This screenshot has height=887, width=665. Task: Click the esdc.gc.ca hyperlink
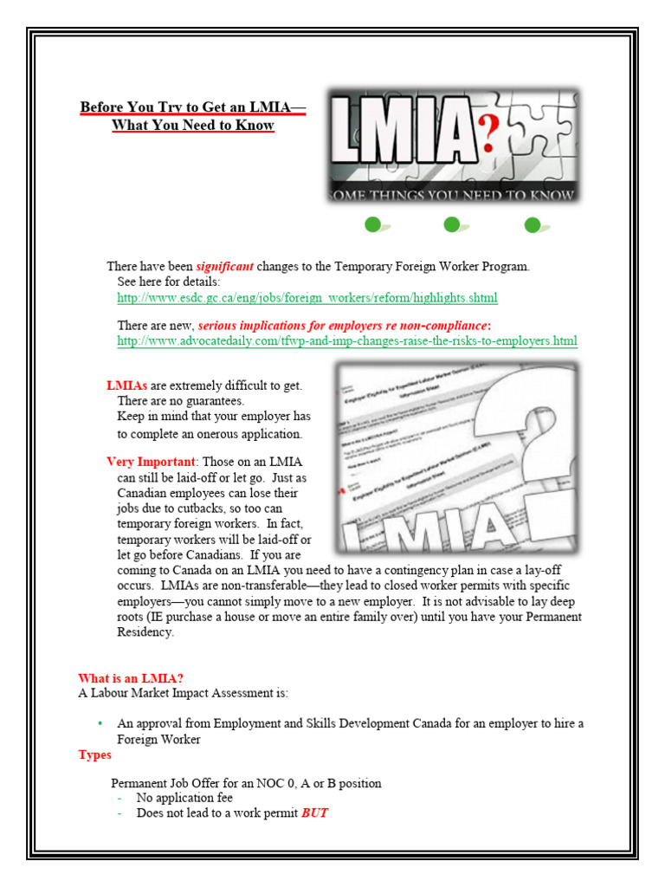tap(307, 298)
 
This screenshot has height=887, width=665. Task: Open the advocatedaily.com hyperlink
tap(346, 341)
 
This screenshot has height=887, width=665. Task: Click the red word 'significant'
tap(224, 267)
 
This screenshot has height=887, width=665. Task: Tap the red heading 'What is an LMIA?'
tap(131, 678)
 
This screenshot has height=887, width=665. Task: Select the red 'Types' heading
tap(94, 755)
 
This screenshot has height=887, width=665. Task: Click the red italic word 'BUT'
tap(314, 814)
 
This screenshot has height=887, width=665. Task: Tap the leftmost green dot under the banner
tap(373, 225)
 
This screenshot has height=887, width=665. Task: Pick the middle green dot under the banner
tap(451, 225)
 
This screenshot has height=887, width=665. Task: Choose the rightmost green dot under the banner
tap(533, 225)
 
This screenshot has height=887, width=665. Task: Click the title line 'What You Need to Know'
tap(193, 126)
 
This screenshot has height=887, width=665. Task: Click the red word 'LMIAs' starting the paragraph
tap(126, 385)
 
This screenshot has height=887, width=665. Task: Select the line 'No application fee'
tap(184, 799)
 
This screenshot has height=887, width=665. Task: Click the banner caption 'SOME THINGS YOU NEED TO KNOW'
tap(453, 195)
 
